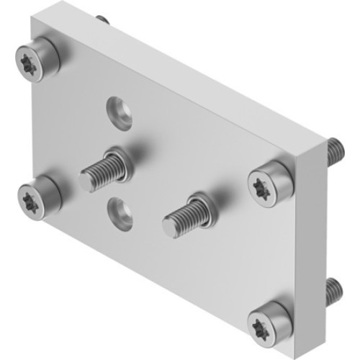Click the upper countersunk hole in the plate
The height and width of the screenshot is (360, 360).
pos(119,112)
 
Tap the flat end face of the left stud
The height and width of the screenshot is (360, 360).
pos(86,181)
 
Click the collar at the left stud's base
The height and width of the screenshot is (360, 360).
pos(120,161)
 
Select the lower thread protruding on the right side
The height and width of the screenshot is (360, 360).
pos(334,289)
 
